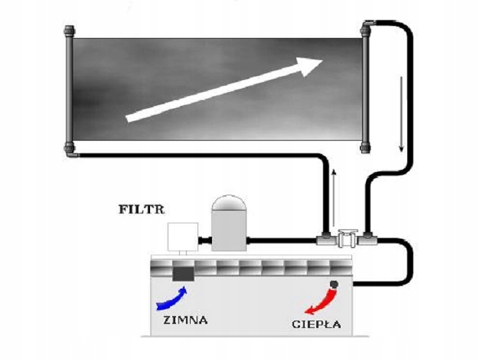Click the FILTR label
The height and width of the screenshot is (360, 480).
point(141,209)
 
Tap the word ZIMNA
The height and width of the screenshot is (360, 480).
point(185,320)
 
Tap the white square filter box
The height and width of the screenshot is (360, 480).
point(183,237)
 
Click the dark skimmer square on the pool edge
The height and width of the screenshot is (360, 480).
point(183,273)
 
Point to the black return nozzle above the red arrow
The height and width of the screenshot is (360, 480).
point(333,285)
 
